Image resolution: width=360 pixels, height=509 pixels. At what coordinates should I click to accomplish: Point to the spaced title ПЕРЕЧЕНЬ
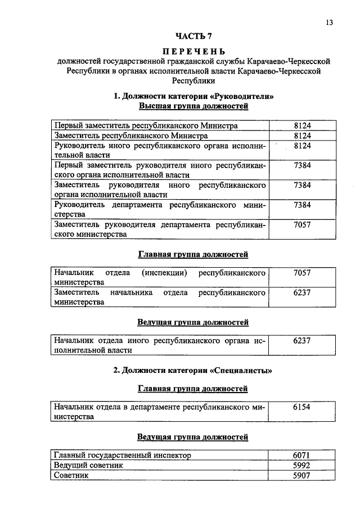(x=193, y=51)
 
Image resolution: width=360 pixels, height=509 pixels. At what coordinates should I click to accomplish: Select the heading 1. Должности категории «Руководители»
(x=193, y=96)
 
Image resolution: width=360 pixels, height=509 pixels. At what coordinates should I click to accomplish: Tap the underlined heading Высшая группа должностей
(x=193, y=106)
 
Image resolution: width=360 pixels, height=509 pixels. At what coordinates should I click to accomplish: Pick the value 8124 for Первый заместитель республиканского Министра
(x=302, y=125)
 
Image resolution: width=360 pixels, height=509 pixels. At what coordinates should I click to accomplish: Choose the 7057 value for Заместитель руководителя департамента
(x=302, y=225)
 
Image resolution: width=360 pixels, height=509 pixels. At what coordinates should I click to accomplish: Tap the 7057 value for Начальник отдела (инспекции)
(x=302, y=273)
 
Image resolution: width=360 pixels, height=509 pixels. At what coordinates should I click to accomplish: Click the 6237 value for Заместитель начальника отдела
(x=302, y=293)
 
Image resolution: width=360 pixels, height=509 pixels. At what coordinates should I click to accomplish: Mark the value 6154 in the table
(x=302, y=407)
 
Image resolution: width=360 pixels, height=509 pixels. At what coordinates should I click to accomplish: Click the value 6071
(x=302, y=455)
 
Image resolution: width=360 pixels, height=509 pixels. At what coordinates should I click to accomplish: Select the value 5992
(x=302, y=465)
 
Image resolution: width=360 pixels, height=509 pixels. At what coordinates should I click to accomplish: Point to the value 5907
(x=302, y=475)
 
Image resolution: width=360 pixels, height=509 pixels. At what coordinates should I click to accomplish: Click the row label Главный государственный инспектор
(x=122, y=455)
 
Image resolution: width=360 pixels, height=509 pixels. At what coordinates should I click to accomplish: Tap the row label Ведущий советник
(x=88, y=465)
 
